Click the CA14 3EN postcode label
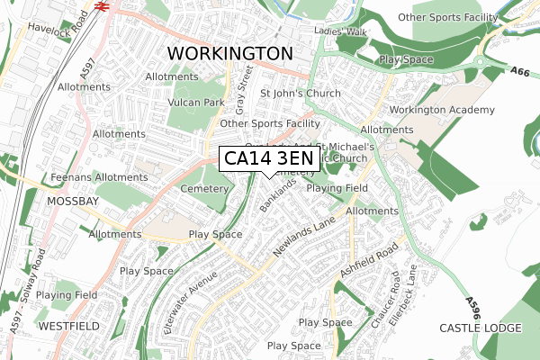point(269,158)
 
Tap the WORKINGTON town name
point(230,53)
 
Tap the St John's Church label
point(301,94)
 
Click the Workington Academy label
point(443,110)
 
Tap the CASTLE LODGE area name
point(480,329)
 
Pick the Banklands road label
point(278,193)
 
